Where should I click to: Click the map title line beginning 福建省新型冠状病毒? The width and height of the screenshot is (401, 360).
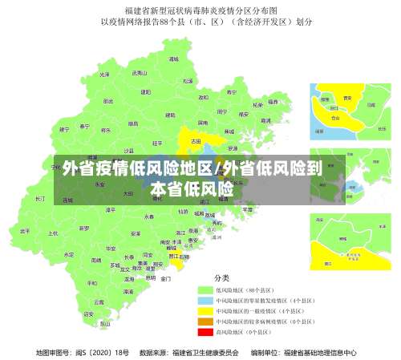click(x=200, y=10)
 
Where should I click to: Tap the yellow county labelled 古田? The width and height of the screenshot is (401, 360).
click(x=196, y=140)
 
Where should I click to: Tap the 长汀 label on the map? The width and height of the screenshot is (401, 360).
click(x=40, y=197)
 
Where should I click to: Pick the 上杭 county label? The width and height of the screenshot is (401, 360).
click(x=53, y=233)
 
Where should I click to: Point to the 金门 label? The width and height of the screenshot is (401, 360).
click(x=165, y=279)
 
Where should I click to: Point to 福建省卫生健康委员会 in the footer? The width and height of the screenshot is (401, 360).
click(x=205, y=351)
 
